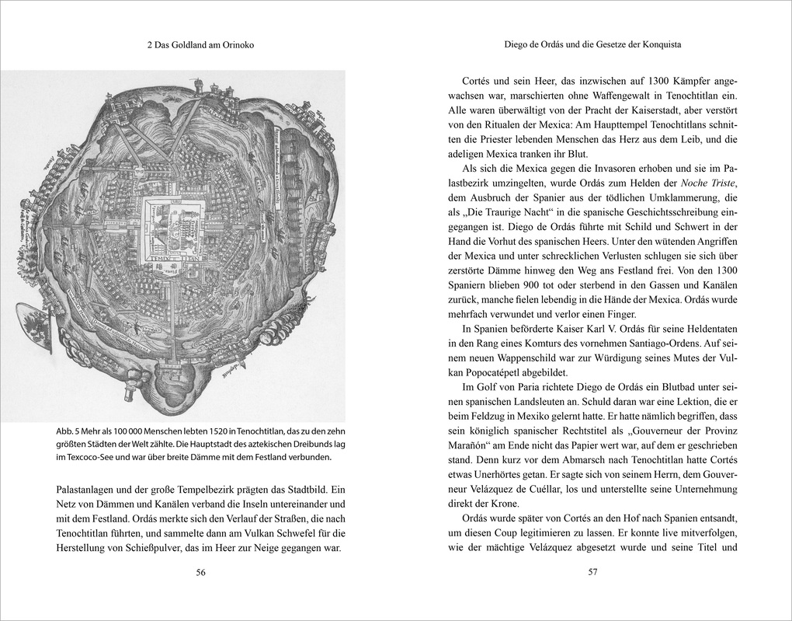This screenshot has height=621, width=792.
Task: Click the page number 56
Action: point(200,573)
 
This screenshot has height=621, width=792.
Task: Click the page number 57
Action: point(592,573)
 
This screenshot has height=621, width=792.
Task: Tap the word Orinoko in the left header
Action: point(237,46)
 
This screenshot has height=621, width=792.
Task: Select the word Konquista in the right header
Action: point(659,45)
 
